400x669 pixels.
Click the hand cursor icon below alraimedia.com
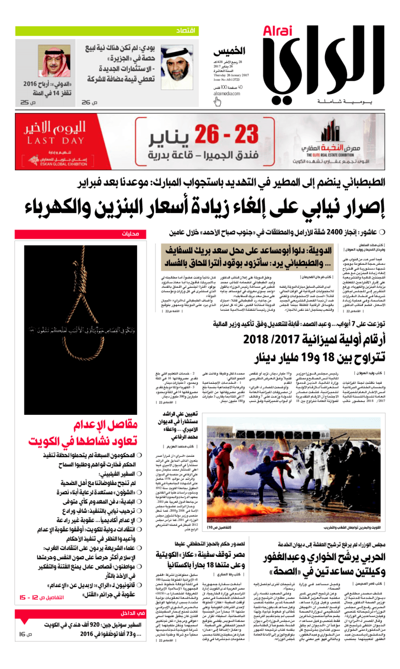(x=217, y=102)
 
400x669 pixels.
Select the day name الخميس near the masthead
(x=230, y=51)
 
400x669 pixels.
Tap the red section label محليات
(x=130, y=234)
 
